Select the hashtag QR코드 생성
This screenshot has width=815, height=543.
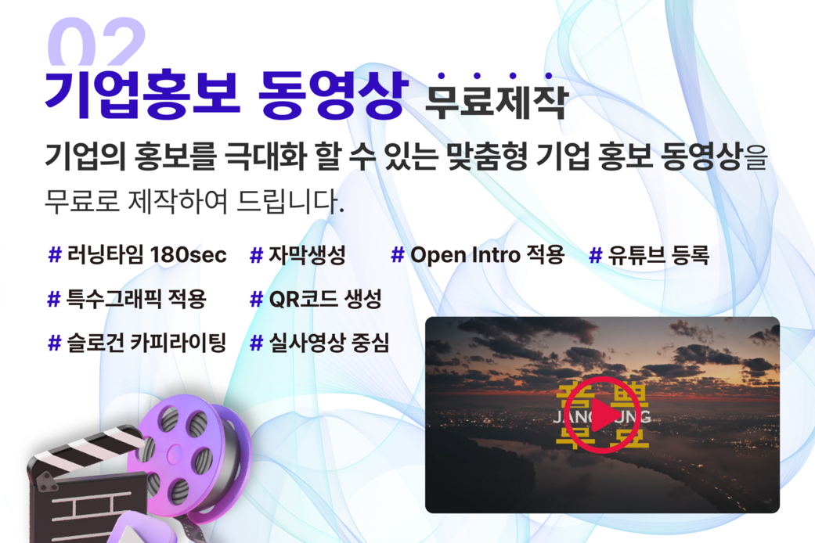pyautogui.click(x=315, y=299)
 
